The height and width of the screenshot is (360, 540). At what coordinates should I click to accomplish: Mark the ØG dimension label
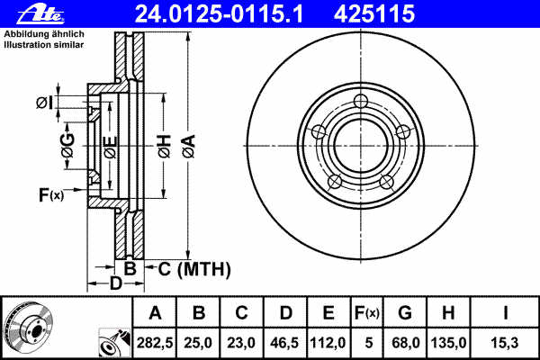(x=68, y=144)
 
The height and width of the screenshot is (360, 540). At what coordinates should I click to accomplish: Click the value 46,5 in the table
(x=284, y=342)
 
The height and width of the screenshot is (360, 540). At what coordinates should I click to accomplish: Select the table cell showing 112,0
(x=328, y=342)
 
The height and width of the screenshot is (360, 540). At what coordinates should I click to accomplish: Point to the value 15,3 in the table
(x=506, y=342)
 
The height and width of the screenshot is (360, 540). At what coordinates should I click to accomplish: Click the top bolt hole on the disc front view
(x=361, y=101)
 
